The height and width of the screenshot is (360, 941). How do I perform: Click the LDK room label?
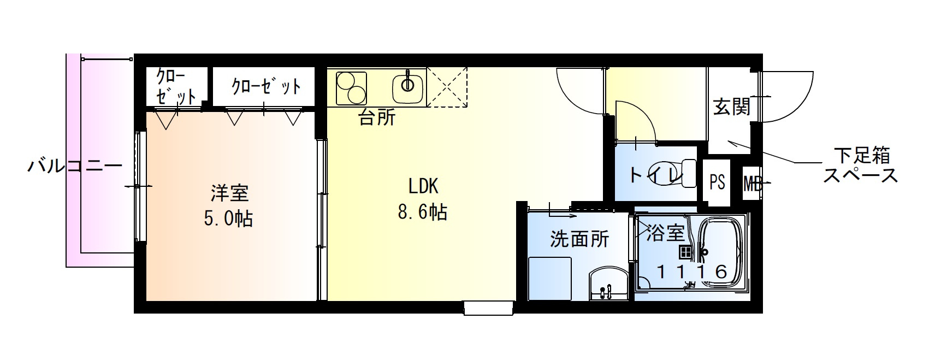(423, 186)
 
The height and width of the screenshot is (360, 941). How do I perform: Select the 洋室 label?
(229, 193)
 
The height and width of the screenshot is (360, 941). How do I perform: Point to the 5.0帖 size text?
(228, 219)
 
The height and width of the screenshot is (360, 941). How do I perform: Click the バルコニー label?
(75, 166)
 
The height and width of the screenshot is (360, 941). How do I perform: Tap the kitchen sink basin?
(407, 85)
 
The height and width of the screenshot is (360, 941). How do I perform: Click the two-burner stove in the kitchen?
(351, 88)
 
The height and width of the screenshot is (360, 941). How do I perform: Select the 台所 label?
(376, 117)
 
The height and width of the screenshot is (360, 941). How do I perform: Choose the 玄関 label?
(731, 108)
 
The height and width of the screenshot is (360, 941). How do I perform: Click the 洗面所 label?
(579, 239)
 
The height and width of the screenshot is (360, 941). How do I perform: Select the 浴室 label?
(665, 233)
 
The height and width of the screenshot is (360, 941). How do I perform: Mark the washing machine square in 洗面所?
(550, 278)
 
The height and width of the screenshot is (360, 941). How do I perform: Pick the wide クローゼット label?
(265, 86)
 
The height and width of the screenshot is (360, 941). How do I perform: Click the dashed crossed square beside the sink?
(447, 86)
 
